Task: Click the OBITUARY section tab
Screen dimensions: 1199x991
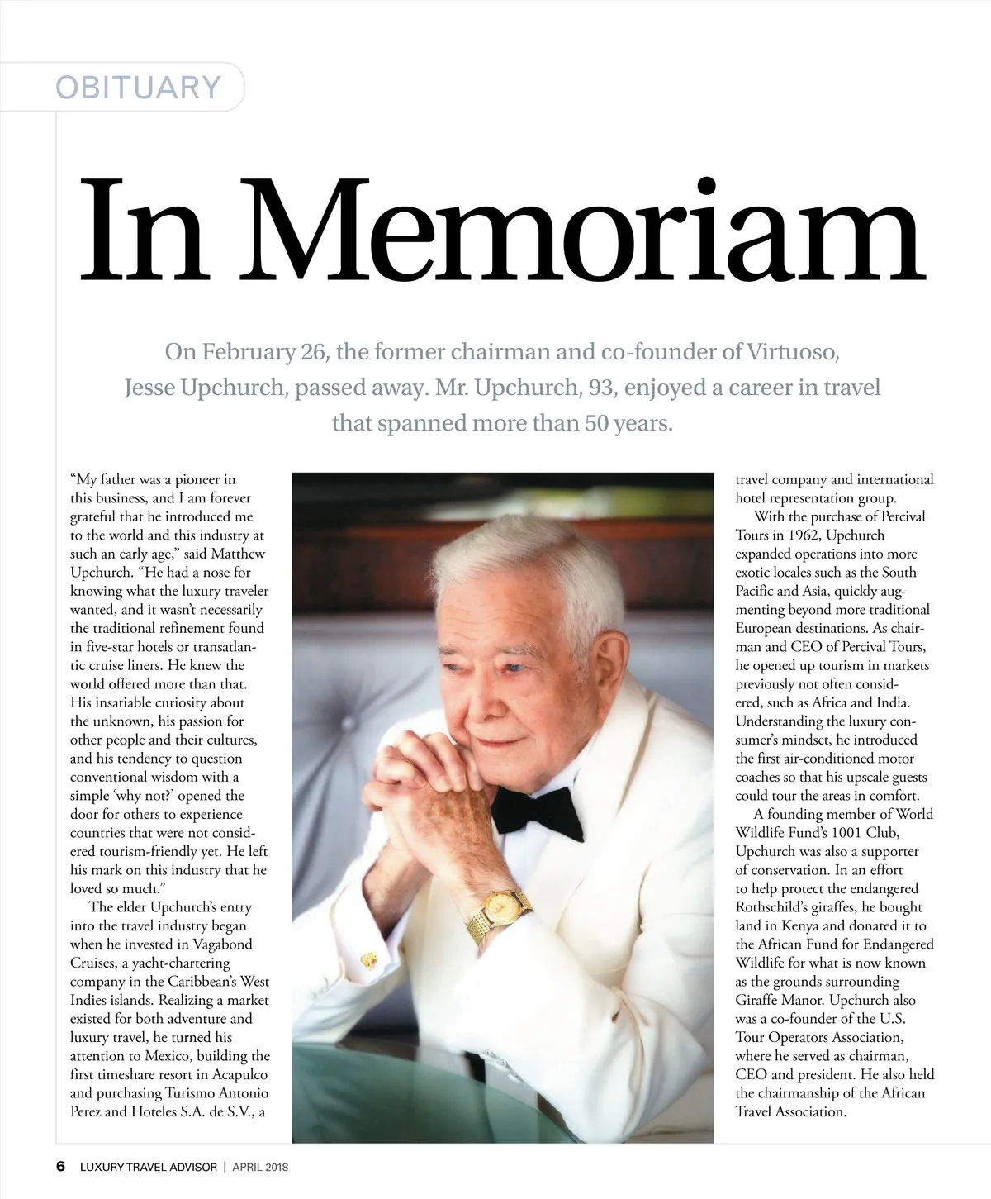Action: (138, 87)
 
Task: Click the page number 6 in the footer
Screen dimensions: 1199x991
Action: (60, 1167)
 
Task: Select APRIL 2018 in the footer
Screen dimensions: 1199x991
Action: (260, 1168)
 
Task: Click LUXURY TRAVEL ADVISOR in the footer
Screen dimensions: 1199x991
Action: (149, 1168)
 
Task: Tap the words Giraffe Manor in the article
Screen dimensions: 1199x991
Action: (777, 1000)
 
